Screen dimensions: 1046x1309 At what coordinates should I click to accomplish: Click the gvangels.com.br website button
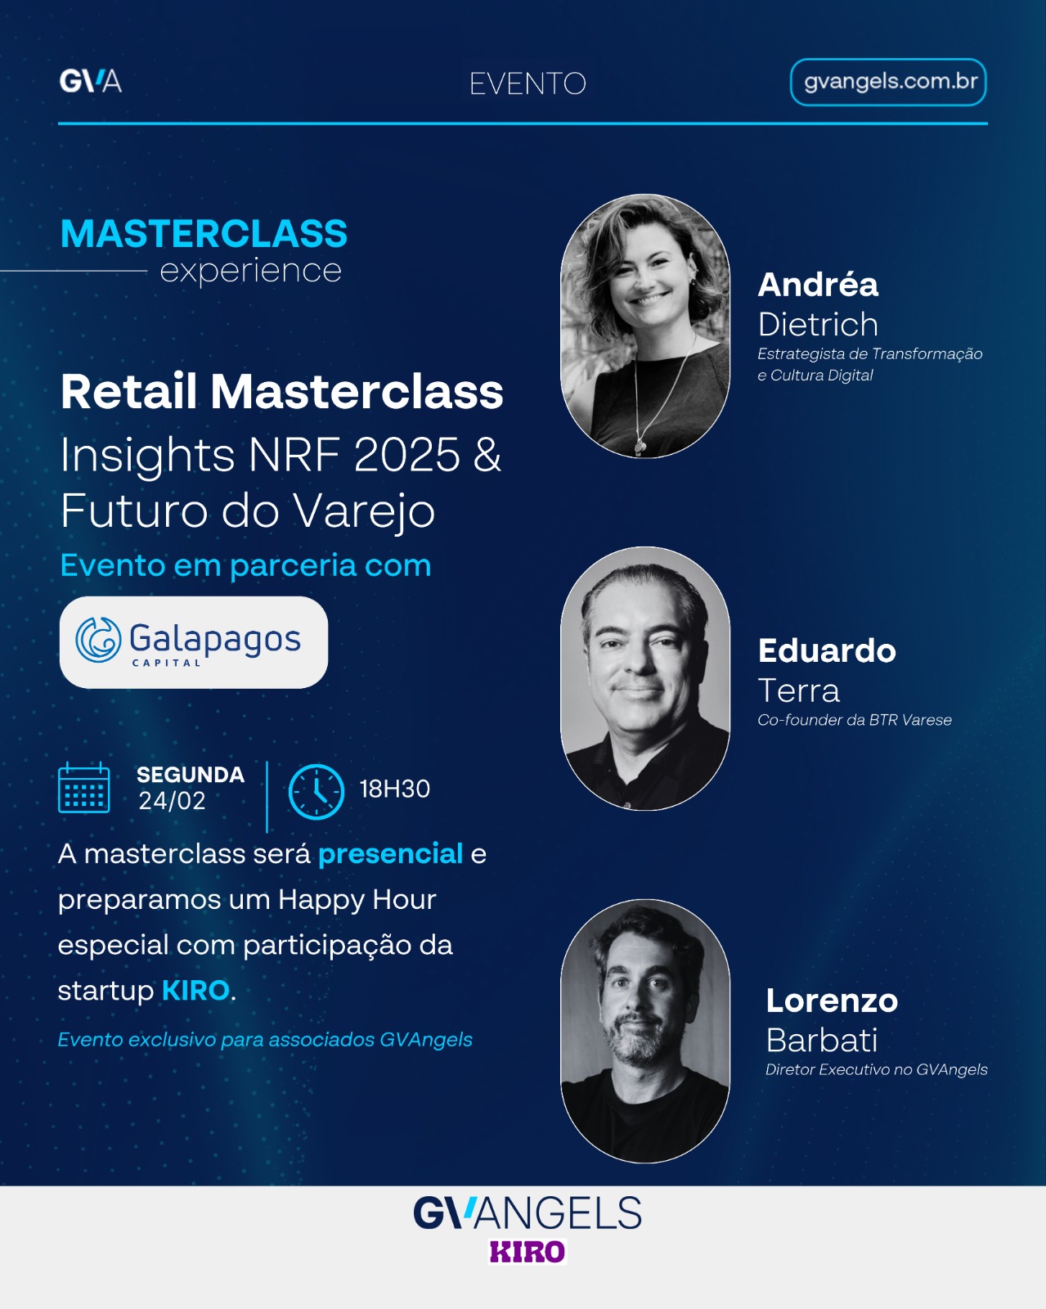(887, 82)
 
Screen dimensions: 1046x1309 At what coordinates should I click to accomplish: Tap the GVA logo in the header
(91, 81)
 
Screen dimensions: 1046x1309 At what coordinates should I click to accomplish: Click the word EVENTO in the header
(527, 84)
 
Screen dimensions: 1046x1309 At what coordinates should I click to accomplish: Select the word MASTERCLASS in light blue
(204, 234)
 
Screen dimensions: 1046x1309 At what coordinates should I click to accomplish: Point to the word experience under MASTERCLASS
(250, 271)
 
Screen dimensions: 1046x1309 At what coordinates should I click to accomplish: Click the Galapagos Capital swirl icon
(98, 639)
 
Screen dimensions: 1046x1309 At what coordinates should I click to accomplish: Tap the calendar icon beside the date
(84, 788)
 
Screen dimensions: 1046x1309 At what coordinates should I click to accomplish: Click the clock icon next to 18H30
(316, 791)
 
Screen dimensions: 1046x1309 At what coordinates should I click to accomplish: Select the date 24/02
(172, 800)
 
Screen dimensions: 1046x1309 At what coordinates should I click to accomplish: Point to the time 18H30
(395, 789)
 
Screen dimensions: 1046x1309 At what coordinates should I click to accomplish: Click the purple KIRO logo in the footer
(527, 1251)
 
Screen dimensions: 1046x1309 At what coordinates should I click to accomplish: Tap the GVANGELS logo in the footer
(527, 1212)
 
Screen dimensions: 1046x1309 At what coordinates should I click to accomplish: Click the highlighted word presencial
(390, 854)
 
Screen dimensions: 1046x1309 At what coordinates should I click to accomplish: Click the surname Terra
(798, 690)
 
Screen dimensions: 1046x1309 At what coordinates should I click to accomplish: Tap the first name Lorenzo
(832, 1001)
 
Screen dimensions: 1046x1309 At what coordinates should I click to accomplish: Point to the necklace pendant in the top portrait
(640, 447)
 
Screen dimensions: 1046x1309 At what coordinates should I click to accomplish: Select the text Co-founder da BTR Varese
(855, 720)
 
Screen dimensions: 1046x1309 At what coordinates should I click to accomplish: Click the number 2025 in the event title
(406, 455)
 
